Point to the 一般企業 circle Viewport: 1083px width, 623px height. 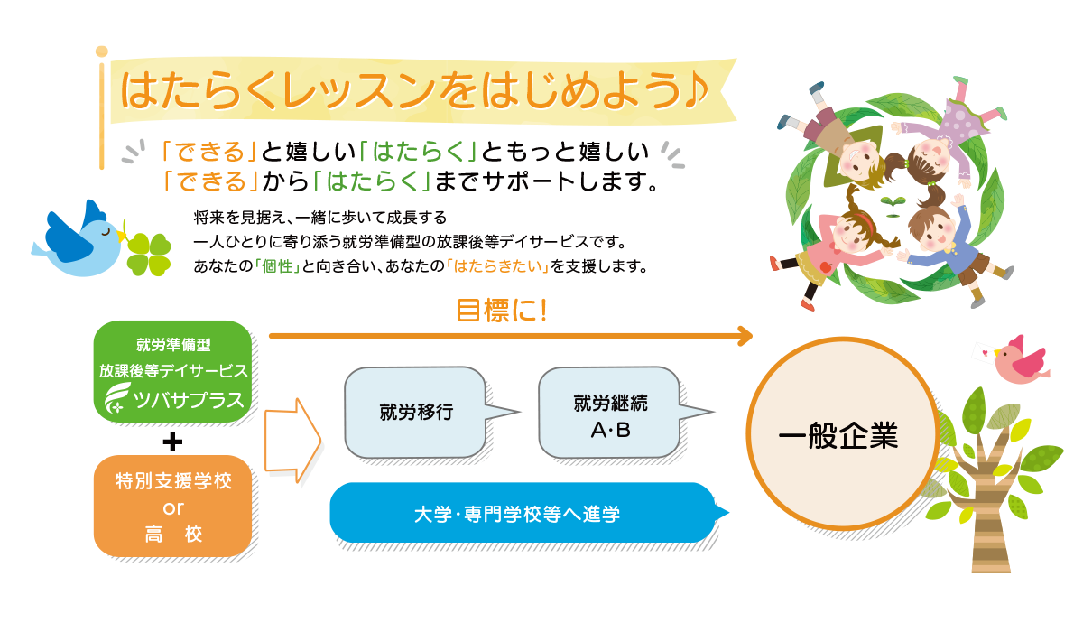838,438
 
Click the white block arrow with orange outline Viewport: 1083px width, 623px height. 292,439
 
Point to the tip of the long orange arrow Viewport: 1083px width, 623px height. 751,336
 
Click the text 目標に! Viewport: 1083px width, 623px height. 502,311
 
